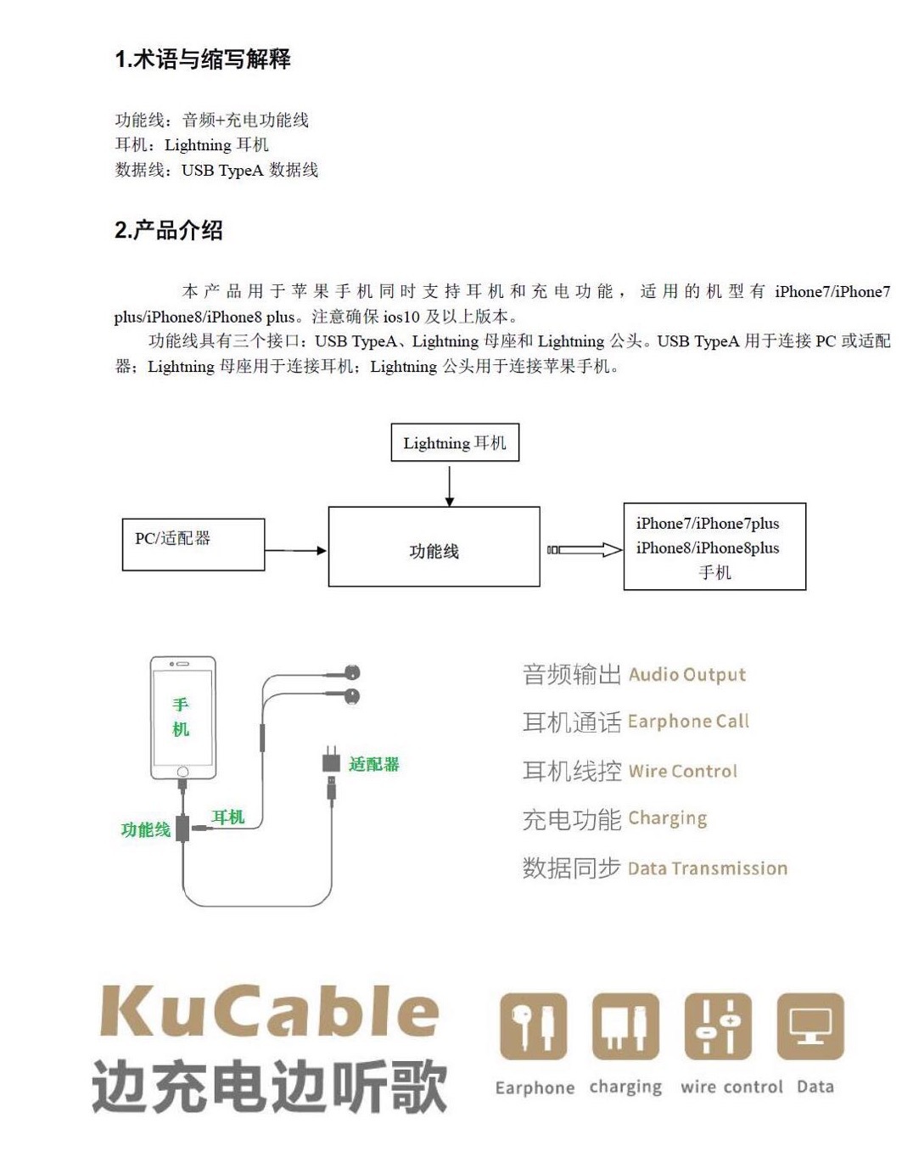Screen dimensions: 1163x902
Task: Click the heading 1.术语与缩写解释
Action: [203, 59]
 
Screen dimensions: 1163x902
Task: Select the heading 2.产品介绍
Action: [169, 230]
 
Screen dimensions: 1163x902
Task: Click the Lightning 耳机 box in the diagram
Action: [454, 443]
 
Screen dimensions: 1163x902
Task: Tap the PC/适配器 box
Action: [193, 544]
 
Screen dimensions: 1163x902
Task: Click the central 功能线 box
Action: [434, 547]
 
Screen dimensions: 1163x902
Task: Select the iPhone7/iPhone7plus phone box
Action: [714, 547]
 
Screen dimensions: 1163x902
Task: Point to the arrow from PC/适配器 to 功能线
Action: [296, 551]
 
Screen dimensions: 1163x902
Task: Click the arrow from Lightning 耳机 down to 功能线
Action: [450, 485]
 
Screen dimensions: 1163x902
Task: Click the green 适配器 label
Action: [373, 764]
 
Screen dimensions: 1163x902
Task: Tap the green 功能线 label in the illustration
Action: [145, 829]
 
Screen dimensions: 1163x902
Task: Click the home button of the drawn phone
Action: [182, 772]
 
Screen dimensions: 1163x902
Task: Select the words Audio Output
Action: [687, 675]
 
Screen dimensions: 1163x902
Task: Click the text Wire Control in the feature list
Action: [683, 772]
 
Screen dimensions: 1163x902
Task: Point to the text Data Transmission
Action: [708, 868]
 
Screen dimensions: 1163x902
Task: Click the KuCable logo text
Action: [270, 1012]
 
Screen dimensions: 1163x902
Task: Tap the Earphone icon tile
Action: [533, 1026]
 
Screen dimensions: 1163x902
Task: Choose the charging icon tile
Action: [625, 1026]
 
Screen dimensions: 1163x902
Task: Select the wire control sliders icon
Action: [718, 1026]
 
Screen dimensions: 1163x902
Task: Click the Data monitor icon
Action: [810, 1026]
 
